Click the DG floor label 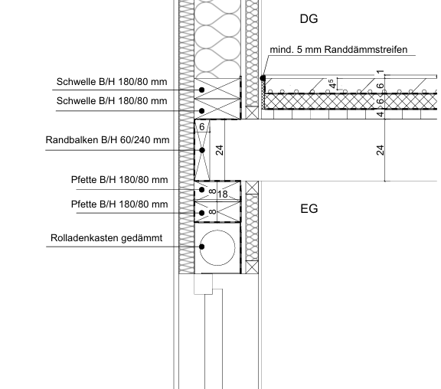click(309, 19)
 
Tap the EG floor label click(309, 209)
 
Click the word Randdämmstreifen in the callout click(366, 50)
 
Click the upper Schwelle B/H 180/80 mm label click(112, 82)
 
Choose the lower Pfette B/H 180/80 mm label click(119, 204)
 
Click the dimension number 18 click(222, 194)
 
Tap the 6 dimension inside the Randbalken click(201, 127)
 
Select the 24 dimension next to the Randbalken click(220, 150)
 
